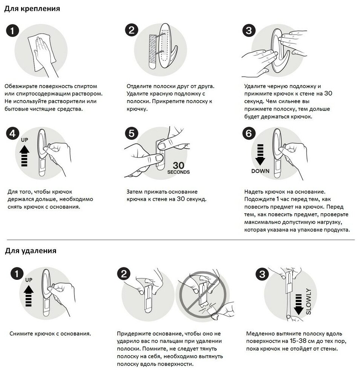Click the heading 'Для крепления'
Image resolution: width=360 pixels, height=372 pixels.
click(x=32, y=9)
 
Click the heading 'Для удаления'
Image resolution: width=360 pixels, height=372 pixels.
click(x=30, y=251)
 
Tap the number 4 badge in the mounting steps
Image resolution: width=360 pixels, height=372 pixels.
click(x=12, y=134)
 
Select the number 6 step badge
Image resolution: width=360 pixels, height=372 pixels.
click(x=249, y=133)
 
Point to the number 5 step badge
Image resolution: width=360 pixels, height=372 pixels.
click(x=131, y=133)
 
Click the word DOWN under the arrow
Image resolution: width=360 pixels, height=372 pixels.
click(x=260, y=171)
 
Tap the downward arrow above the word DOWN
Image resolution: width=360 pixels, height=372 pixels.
click(x=260, y=155)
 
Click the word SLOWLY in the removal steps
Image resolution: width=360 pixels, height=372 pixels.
click(x=308, y=301)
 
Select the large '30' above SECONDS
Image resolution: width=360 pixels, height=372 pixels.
click(x=178, y=165)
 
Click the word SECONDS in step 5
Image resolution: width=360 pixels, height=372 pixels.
click(x=178, y=172)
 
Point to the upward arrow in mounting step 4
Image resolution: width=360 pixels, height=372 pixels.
click(x=24, y=156)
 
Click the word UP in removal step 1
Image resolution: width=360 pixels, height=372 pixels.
click(x=29, y=280)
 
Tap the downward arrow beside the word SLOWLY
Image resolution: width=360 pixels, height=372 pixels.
click(x=299, y=305)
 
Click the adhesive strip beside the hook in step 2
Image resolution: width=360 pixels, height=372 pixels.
click(x=152, y=52)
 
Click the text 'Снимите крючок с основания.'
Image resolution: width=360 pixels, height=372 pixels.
click(x=50, y=334)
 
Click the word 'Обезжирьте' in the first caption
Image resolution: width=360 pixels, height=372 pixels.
click(x=21, y=87)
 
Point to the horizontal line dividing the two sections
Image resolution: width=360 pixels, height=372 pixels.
click(x=181, y=240)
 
